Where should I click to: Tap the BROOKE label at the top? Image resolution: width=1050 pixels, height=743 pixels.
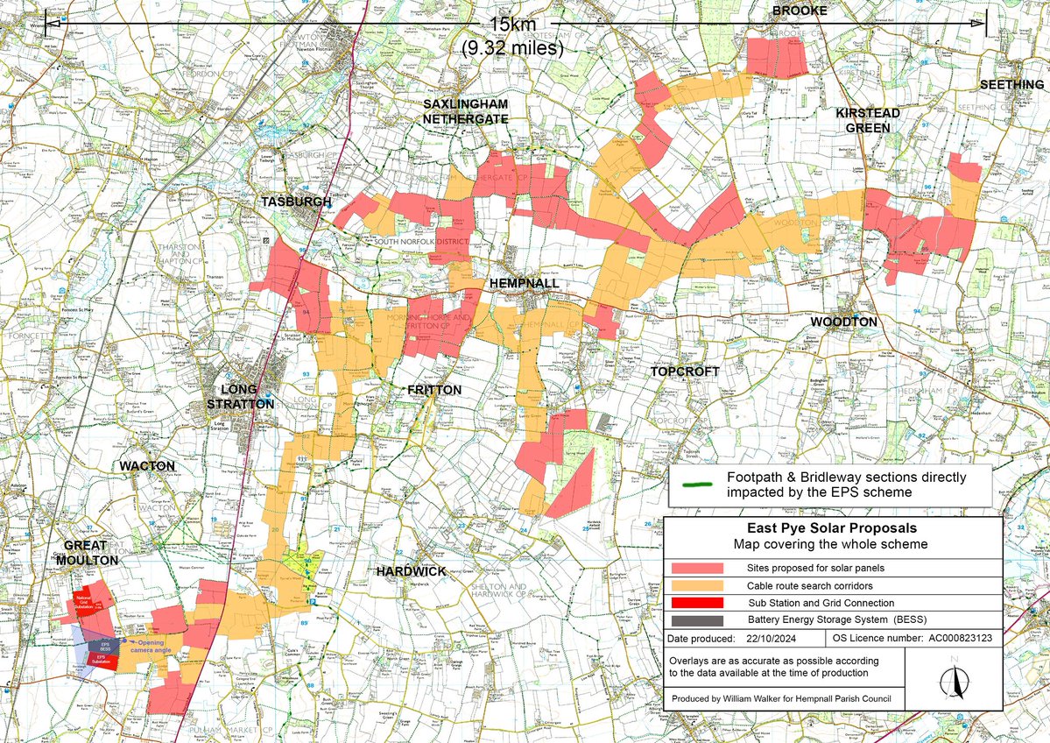tap(798, 11)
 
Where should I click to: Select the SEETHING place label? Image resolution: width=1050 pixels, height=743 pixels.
tap(1011, 84)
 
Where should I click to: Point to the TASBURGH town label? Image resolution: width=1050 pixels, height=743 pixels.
tap(296, 202)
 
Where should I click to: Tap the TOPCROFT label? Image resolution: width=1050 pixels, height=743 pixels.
tap(685, 371)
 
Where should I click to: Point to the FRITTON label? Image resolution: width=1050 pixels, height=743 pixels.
tap(434, 390)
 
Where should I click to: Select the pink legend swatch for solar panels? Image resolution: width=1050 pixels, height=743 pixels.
tap(697, 568)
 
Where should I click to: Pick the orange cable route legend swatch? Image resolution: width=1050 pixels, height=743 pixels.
tap(697, 585)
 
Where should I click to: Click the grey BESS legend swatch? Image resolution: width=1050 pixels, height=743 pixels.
tap(697, 620)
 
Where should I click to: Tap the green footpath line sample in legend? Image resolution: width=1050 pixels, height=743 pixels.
tap(696, 485)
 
